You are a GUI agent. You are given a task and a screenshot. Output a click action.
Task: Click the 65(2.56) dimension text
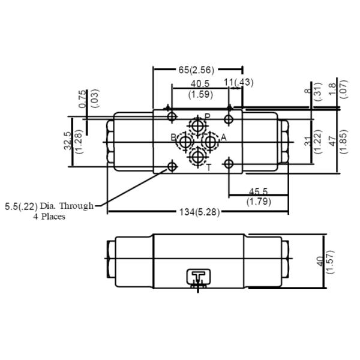pos(196,70)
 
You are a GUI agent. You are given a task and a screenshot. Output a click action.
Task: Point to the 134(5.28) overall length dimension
pos(200,211)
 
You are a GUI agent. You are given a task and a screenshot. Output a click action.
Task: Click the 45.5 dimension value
pos(259,191)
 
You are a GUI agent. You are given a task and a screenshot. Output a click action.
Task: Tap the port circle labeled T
pos(196,158)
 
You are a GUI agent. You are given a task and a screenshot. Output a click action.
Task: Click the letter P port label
pos(207,116)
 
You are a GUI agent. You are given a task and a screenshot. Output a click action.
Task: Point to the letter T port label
pos(208,168)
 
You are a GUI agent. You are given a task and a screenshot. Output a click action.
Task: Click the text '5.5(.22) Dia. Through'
pos(49,206)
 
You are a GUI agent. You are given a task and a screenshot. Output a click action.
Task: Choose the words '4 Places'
pos(49,216)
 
